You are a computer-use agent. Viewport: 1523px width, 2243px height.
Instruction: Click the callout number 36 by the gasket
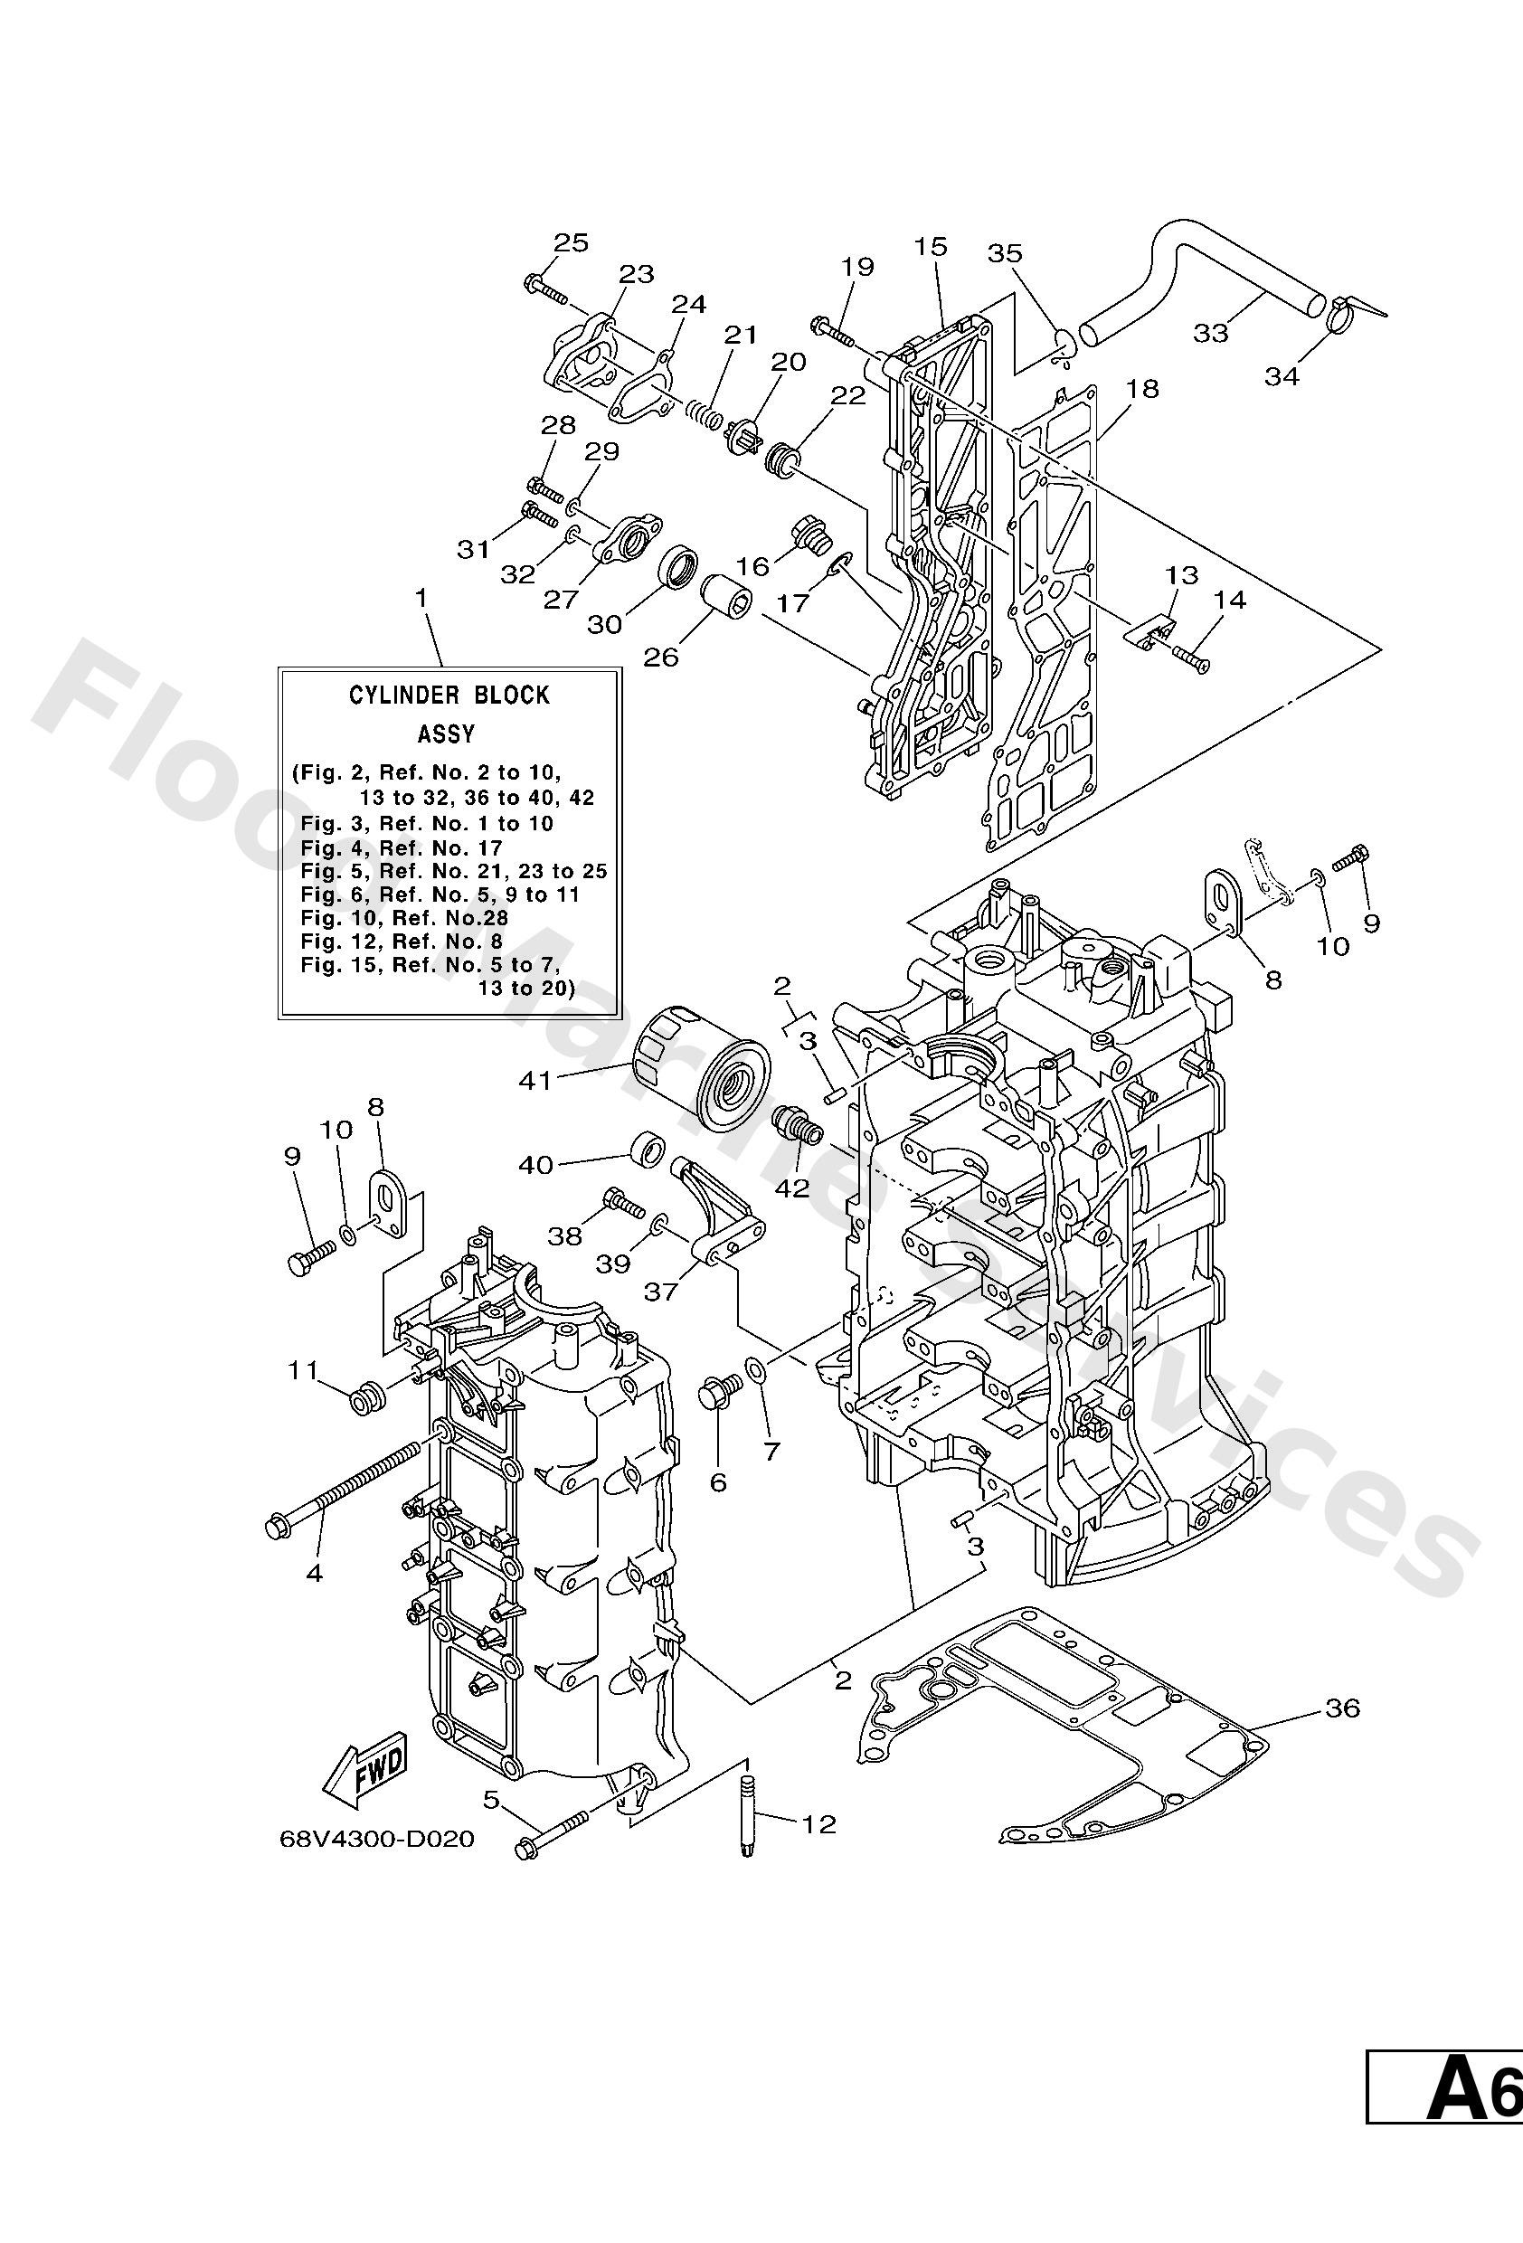(1341, 1708)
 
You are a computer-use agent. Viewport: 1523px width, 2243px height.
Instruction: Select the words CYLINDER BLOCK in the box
(449, 695)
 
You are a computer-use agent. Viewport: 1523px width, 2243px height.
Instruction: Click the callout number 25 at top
(571, 242)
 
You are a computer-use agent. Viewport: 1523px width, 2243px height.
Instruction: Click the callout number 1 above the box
(420, 599)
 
